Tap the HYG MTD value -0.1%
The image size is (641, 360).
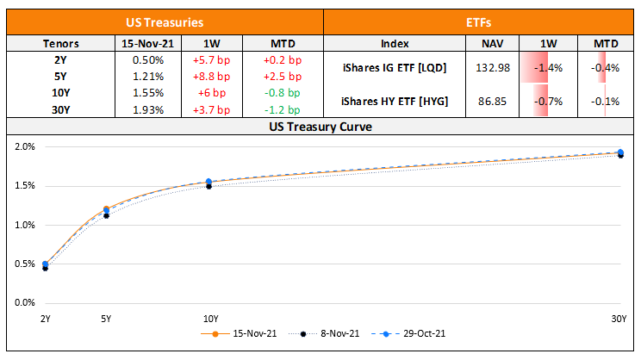605,102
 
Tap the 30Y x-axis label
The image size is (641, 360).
619,319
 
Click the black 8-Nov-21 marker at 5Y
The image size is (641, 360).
106,215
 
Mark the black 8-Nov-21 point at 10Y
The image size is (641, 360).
208,186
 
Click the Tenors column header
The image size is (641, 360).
60,43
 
